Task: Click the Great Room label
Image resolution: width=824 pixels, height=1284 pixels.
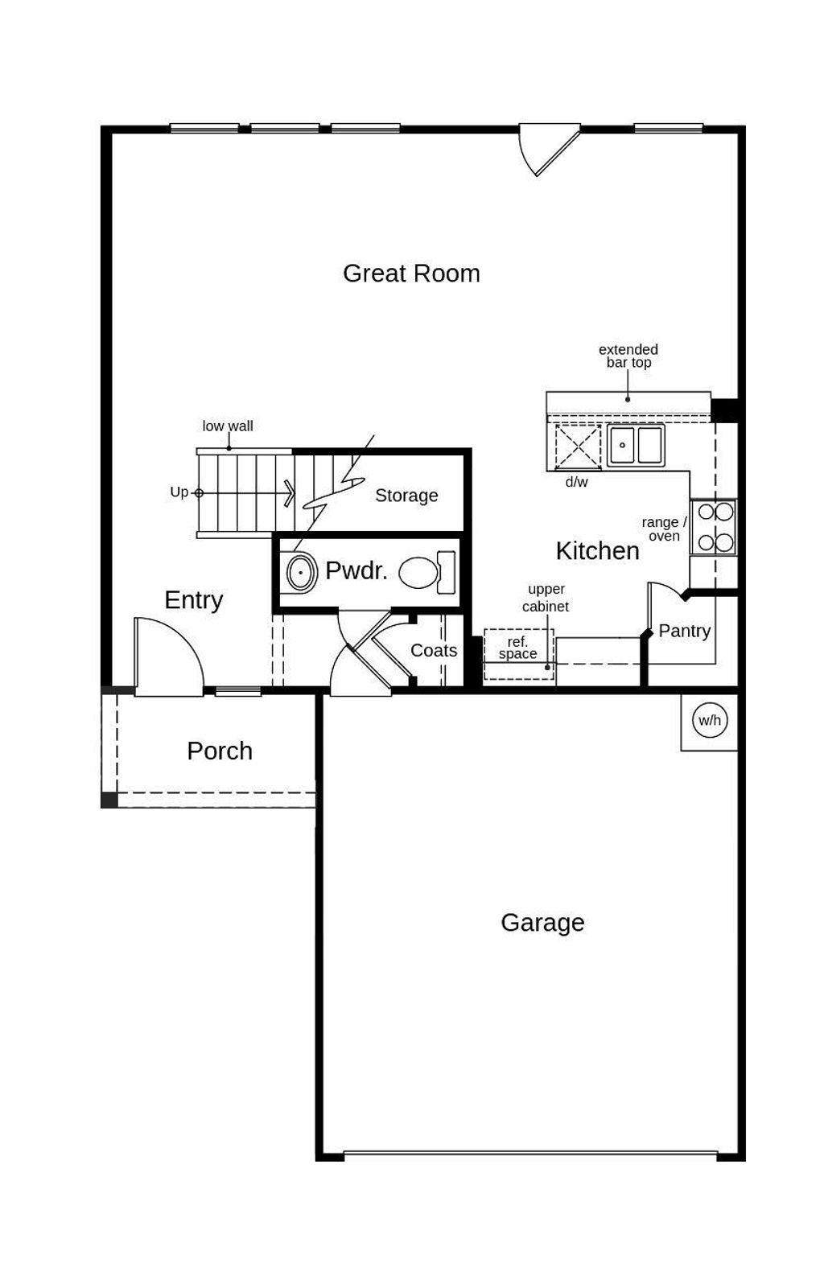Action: [411, 274]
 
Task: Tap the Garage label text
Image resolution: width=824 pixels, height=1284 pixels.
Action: [542, 922]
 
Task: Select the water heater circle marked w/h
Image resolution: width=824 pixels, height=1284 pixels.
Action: [710, 720]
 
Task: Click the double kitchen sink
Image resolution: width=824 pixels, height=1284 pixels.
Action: [636, 445]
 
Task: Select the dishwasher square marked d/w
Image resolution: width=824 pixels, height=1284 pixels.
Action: [578, 447]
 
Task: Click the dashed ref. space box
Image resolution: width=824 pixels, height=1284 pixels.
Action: [518, 653]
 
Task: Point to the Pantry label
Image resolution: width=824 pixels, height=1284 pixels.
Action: [684, 631]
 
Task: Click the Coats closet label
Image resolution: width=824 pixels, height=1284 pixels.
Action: [434, 650]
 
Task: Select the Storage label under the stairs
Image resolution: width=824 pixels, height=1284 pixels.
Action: [406, 496]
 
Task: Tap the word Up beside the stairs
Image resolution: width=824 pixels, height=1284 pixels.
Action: [179, 492]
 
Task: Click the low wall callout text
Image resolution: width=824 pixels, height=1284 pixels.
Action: [228, 426]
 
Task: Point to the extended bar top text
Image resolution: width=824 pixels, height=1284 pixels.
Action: [628, 356]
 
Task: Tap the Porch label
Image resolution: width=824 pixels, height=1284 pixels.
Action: [220, 751]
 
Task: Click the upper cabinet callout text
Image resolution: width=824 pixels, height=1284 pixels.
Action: [546, 598]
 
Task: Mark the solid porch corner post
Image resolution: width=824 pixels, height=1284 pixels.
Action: [109, 800]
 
